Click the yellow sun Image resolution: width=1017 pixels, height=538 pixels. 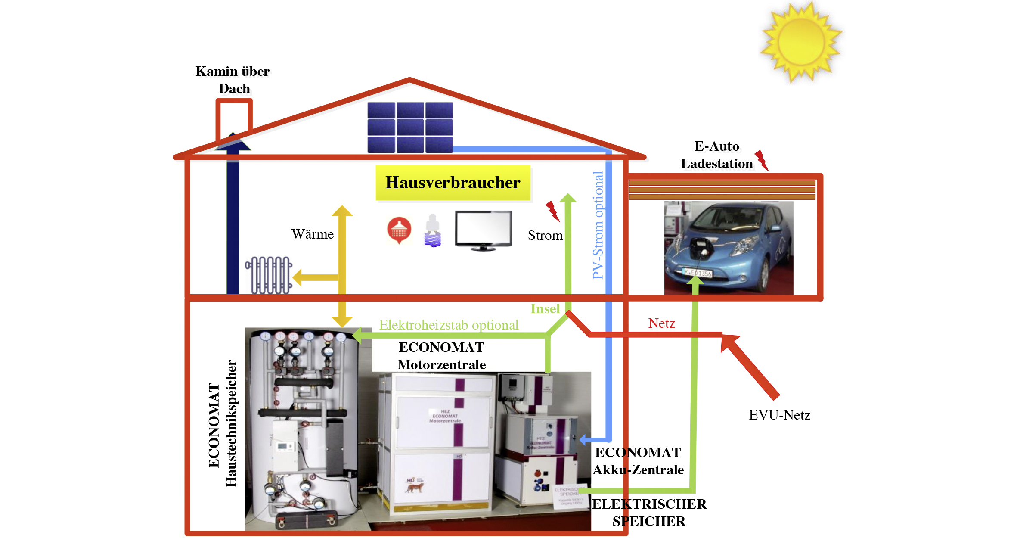point(801,42)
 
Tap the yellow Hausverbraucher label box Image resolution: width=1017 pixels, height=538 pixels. point(453,183)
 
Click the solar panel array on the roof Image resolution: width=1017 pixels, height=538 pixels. point(410,128)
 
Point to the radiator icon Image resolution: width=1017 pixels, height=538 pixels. point(269,275)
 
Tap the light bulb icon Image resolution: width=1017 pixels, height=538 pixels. point(433,231)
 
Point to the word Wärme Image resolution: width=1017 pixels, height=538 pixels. point(313,234)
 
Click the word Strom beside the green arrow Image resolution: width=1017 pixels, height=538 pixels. point(545,236)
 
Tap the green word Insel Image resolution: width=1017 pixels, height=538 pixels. point(545,309)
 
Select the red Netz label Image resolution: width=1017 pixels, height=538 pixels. point(661,323)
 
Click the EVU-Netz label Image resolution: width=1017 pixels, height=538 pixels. point(779,415)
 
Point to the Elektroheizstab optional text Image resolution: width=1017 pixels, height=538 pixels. point(448,325)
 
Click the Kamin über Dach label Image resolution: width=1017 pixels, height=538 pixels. point(233,80)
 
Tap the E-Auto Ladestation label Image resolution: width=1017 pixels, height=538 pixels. point(717,155)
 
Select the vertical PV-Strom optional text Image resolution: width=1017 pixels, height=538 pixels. point(598,225)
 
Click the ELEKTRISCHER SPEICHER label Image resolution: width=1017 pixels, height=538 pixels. point(649,513)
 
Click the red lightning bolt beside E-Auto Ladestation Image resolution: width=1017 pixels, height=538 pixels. point(762,160)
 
